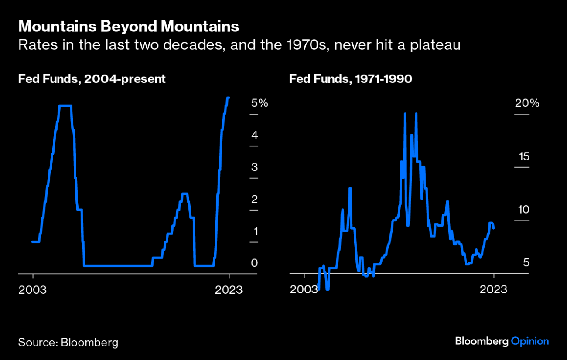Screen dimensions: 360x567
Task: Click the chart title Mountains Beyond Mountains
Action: (x=129, y=27)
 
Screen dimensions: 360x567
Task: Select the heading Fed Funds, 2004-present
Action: (x=92, y=79)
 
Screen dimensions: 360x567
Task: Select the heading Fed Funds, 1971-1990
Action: (x=351, y=79)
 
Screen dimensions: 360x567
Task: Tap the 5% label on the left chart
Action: (x=260, y=104)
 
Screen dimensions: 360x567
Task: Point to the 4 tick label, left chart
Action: (x=255, y=136)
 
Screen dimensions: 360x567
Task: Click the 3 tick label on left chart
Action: (x=255, y=168)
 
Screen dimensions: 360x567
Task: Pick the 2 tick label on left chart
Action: (x=255, y=200)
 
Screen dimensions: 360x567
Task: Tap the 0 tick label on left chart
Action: (x=255, y=263)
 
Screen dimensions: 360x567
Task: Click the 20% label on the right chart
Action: (x=526, y=104)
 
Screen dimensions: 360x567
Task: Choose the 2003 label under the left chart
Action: (x=32, y=290)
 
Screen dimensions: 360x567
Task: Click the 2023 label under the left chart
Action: (x=229, y=290)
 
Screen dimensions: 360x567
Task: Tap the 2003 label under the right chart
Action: (x=304, y=290)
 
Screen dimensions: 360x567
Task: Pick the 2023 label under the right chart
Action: (x=494, y=290)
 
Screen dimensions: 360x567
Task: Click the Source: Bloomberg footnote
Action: (x=68, y=342)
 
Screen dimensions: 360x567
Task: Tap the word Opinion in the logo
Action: (x=529, y=341)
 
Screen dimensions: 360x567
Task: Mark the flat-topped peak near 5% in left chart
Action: (x=65, y=106)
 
